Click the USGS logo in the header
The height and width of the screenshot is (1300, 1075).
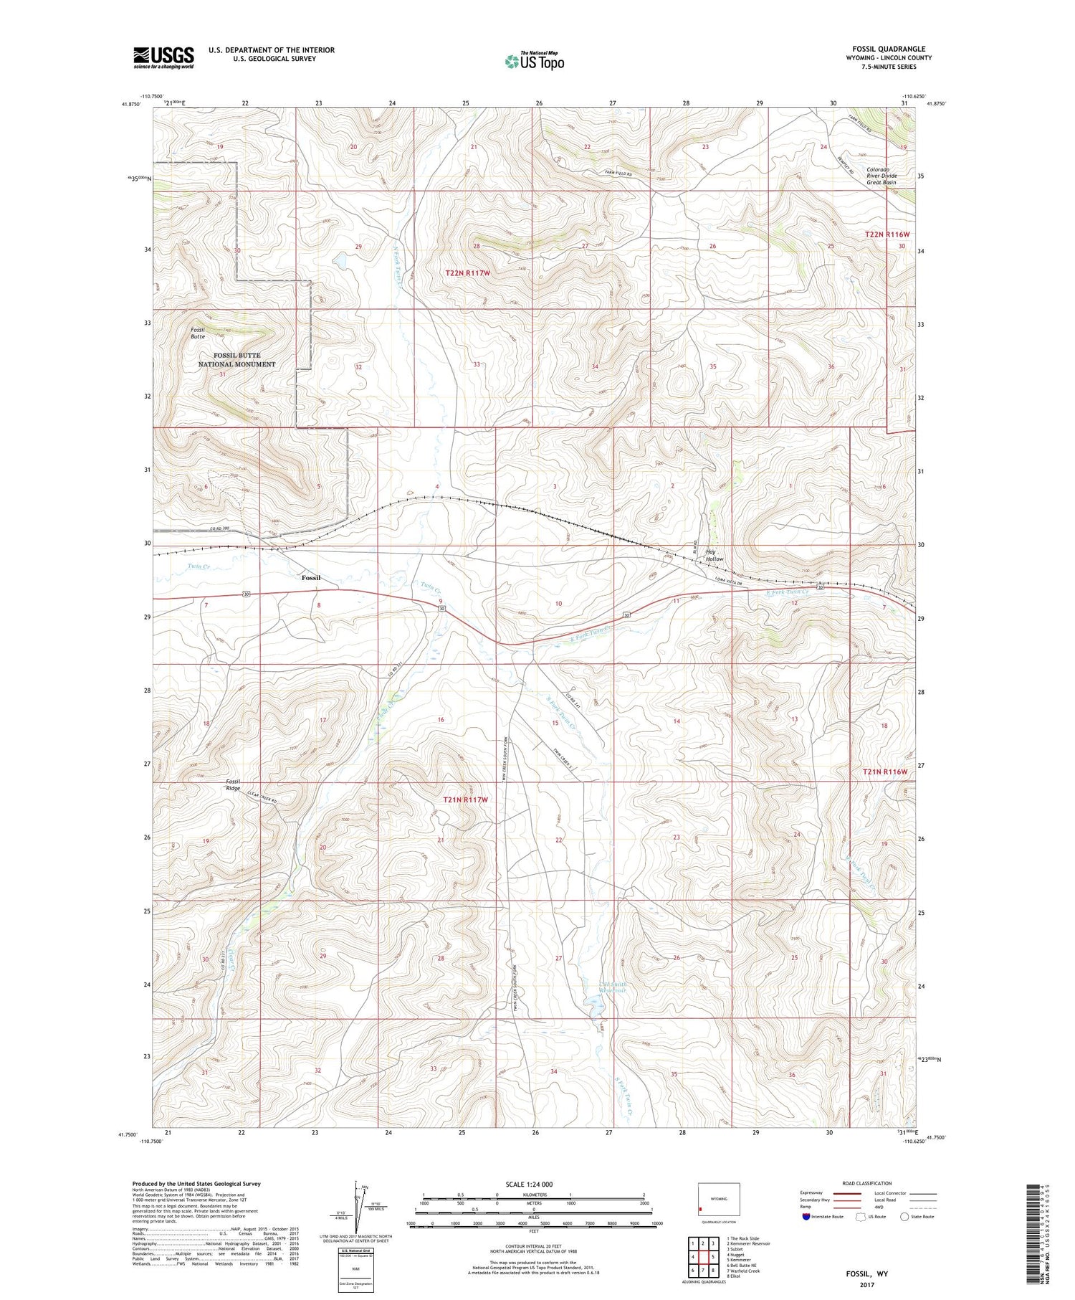(x=163, y=57)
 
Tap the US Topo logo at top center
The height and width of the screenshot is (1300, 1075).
(x=534, y=61)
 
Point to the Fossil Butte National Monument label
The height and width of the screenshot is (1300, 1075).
(x=236, y=360)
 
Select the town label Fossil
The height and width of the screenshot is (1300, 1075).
(x=310, y=578)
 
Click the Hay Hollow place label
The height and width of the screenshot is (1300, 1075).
(x=714, y=554)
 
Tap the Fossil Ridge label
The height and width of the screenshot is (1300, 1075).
(x=233, y=784)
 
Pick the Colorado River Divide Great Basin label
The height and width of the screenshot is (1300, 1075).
(x=881, y=176)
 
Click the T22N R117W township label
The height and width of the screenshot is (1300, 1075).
(x=467, y=273)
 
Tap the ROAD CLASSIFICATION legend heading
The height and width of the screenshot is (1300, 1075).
(x=867, y=1183)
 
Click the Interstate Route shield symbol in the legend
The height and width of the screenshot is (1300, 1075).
(x=806, y=1217)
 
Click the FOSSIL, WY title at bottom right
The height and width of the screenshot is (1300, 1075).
(x=866, y=1273)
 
